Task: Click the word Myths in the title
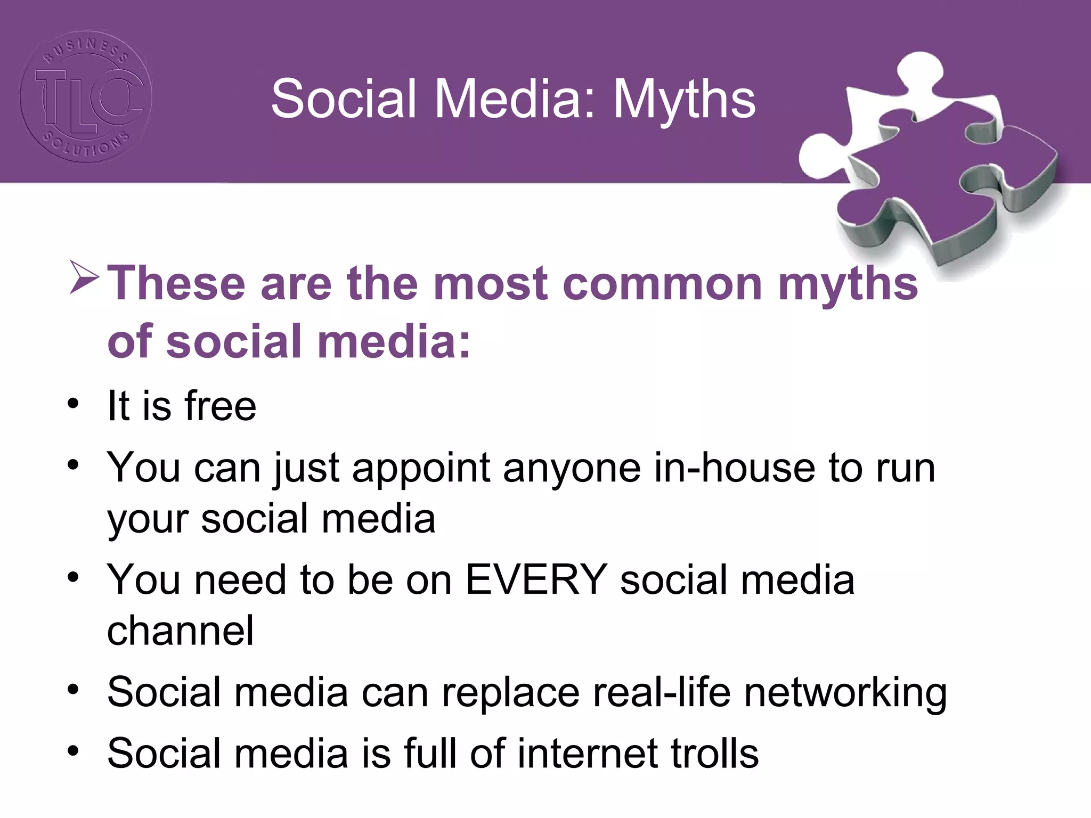[684, 100]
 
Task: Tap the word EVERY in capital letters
[536, 579]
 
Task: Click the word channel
[181, 631]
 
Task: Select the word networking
[845, 692]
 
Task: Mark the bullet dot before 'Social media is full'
[74, 751]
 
